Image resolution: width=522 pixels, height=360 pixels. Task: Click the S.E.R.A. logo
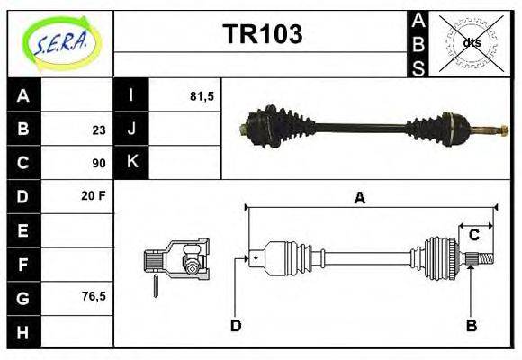tap(60, 40)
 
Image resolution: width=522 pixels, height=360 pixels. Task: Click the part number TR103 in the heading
tap(262, 34)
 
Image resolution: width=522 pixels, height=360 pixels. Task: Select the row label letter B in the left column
tap(24, 129)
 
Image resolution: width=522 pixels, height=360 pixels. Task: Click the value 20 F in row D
tap(94, 195)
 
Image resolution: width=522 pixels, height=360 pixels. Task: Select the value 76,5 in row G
tap(94, 295)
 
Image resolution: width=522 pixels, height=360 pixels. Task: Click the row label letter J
tap(131, 129)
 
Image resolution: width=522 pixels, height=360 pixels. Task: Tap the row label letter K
tap(131, 163)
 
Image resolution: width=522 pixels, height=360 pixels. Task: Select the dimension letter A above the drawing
tap(359, 198)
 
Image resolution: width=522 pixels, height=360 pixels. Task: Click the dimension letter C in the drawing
tap(473, 236)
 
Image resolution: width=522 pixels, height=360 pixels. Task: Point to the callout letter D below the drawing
tap(236, 325)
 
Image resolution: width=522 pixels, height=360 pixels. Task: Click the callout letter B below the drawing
tap(471, 325)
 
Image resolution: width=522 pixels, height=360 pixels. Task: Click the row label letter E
tap(24, 229)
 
